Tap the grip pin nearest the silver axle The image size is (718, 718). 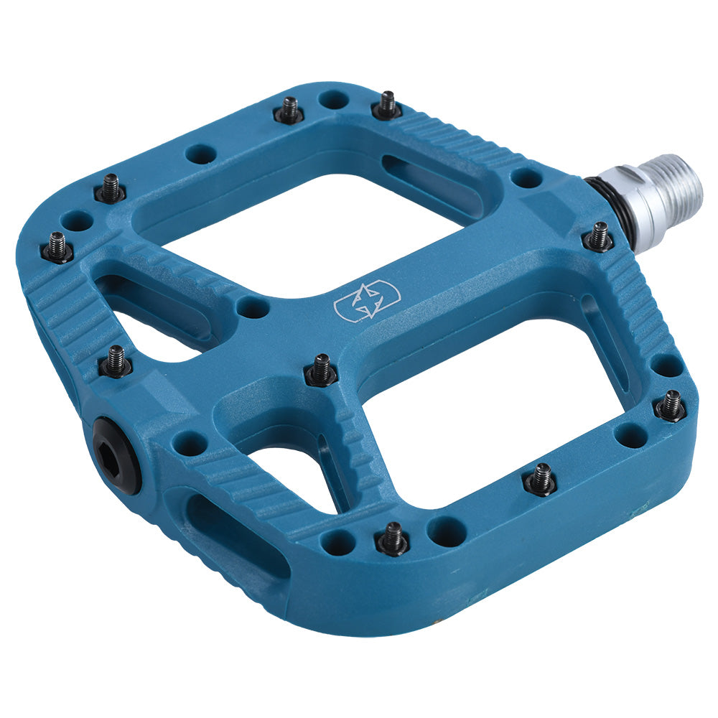tap(598, 236)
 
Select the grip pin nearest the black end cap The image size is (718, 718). tap(116, 362)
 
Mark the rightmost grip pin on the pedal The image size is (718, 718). tap(671, 406)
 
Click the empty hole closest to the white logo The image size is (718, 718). tap(253, 308)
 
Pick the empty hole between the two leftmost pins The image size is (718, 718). tap(77, 220)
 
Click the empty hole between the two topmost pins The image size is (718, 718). tap(333, 100)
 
